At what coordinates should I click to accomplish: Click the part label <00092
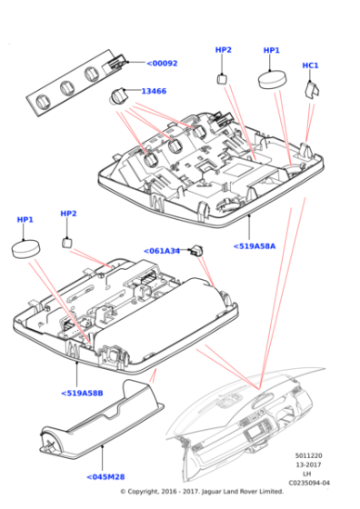click(x=163, y=64)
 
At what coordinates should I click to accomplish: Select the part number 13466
click(x=154, y=91)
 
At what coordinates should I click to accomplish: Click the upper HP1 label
click(x=272, y=51)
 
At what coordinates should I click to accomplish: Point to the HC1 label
click(x=310, y=65)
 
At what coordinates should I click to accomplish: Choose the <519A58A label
click(x=254, y=245)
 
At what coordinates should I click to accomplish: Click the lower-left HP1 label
click(x=25, y=220)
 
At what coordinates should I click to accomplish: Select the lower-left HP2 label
click(x=68, y=214)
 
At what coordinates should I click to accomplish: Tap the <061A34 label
click(x=162, y=251)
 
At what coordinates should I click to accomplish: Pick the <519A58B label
click(x=82, y=393)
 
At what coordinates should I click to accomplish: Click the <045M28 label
click(x=106, y=476)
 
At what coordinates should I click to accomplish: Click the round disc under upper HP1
click(x=272, y=78)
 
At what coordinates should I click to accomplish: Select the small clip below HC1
click(x=310, y=86)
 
